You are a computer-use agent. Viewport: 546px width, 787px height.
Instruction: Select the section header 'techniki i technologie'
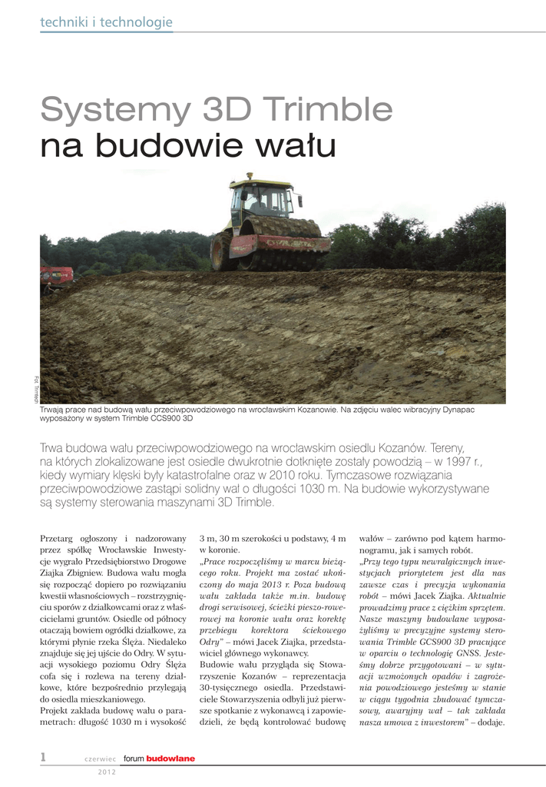coord(106,23)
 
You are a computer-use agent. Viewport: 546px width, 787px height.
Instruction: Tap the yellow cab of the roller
coord(261,198)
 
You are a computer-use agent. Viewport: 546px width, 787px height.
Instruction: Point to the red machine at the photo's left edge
coord(56,275)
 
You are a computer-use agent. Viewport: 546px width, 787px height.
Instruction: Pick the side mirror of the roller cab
coord(299,201)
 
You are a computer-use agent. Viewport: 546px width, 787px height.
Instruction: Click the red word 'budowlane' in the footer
coord(170,759)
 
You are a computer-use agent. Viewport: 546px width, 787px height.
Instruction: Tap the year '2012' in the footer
coord(107,772)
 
